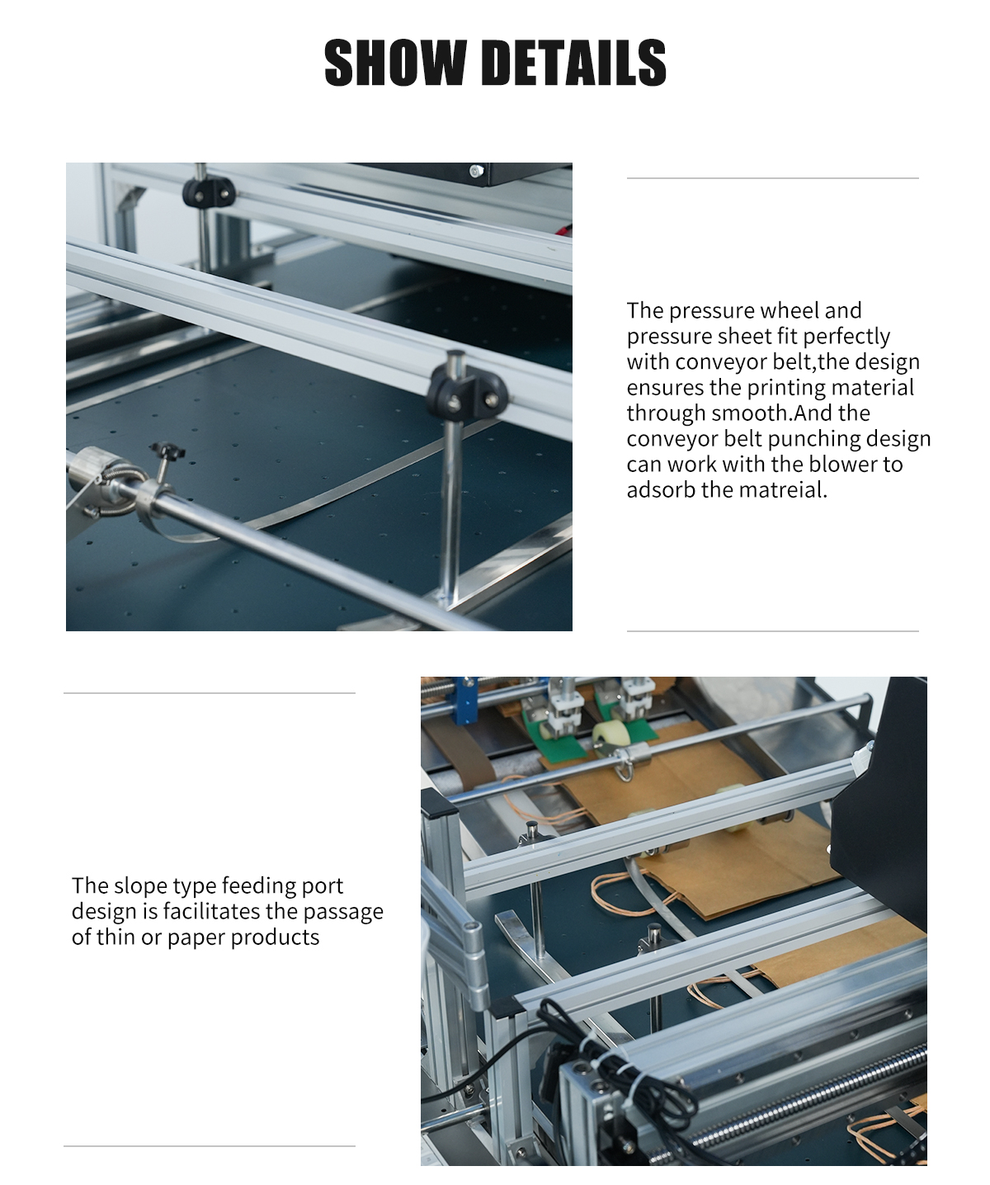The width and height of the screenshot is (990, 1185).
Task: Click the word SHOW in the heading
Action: point(395,63)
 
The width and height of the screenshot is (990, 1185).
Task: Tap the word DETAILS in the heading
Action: point(577,63)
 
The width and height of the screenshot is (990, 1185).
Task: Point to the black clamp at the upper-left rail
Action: point(208,192)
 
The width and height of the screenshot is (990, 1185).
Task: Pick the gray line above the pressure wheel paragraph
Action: point(772,178)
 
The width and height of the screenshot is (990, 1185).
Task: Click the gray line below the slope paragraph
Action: point(210,1146)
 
